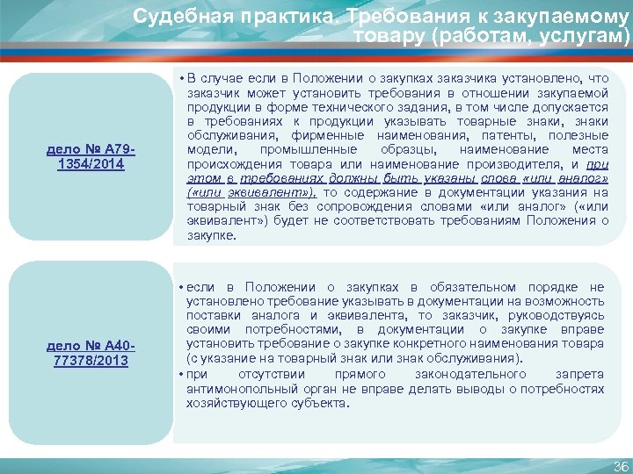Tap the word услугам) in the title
592,36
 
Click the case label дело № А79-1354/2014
91,156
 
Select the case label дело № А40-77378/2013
91,353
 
